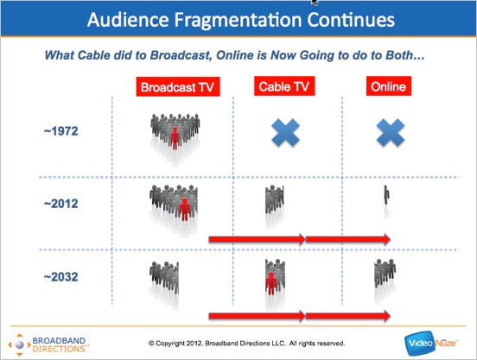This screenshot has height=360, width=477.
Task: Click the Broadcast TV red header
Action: pyautogui.click(x=178, y=87)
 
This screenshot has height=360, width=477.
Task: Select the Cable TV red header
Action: pyautogui.click(x=284, y=86)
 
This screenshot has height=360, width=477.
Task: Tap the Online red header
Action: pyautogui.click(x=389, y=86)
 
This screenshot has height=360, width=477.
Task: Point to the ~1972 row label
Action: pyautogui.click(x=61, y=131)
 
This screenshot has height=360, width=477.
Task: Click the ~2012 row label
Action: pyautogui.click(x=61, y=204)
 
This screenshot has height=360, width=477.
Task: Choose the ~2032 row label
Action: pyautogui.click(x=61, y=277)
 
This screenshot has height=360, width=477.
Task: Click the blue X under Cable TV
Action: pyautogui.click(x=285, y=133)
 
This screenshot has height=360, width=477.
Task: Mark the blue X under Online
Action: pyautogui.click(x=391, y=133)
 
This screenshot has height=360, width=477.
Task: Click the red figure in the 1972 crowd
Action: pyautogui.click(x=175, y=138)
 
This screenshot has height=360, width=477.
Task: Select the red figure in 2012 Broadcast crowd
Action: pyautogui.click(x=185, y=209)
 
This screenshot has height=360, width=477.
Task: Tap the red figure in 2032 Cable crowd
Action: pyautogui.click(x=270, y=283)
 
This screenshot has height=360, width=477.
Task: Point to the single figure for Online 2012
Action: pyautogui.click(x=386, y=195)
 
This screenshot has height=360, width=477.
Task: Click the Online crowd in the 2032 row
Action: pyautogui.click(x=385, y=273)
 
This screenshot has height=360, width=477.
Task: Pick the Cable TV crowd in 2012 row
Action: pyautogui.click(x=275, y=199)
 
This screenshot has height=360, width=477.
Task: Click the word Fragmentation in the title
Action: pyautogui.click(x=238, y=20)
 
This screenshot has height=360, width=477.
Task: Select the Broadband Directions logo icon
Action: pyautogui.click(x=20, y=344)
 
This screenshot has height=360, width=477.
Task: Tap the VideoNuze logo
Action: pyautogui.click(x=431, y=344)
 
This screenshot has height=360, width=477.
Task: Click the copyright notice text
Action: pyautogui.click(x=247, y=344)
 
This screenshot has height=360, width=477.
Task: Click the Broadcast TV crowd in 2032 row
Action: pyautogui.click(x=164, y=278)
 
